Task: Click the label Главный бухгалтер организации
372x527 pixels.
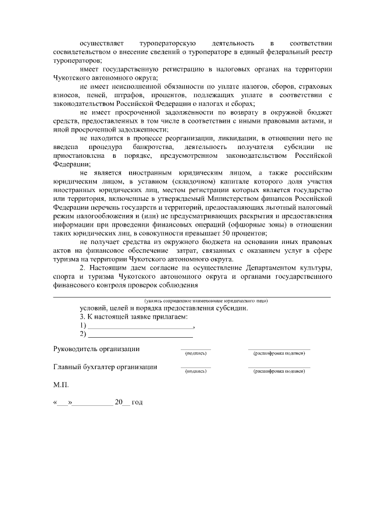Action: pos(105,367)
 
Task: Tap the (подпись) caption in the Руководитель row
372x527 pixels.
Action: pos(195,353)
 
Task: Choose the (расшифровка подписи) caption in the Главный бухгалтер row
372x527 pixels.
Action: pos(279,372)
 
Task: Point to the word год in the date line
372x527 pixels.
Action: pos(137,403)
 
